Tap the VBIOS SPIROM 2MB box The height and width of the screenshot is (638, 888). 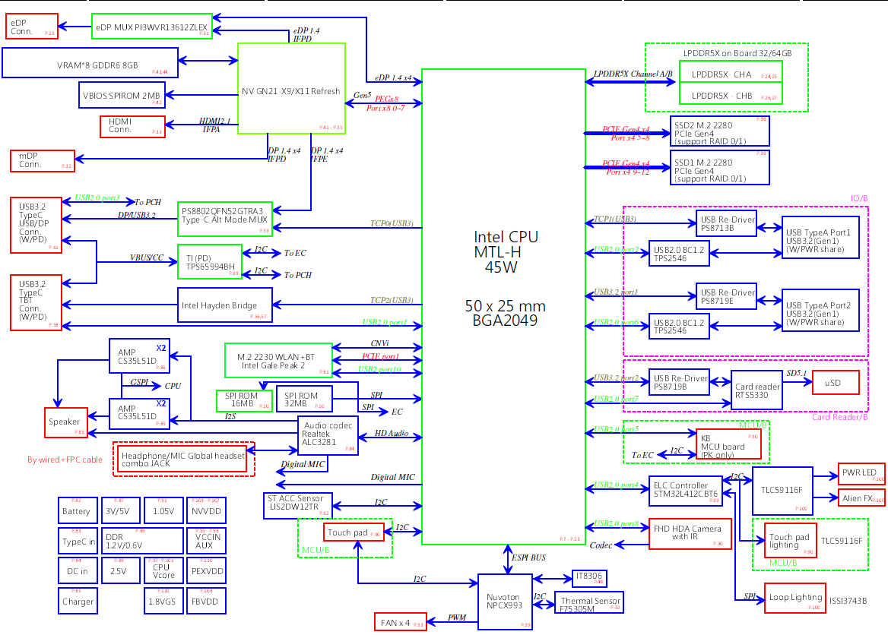[121, 95]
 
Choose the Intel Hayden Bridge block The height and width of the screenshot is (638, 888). [224, 305]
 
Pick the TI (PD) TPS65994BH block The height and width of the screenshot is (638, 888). [208, 262]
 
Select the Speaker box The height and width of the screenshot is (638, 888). [66, 422]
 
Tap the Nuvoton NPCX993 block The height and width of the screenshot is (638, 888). [505, 601]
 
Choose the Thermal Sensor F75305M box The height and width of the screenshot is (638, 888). [589, 604]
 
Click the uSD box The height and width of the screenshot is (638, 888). [836, 382]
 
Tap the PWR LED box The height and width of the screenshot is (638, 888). [861, 474]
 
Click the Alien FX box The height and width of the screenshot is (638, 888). [861, 498]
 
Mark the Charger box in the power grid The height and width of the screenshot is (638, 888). [78, 600]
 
